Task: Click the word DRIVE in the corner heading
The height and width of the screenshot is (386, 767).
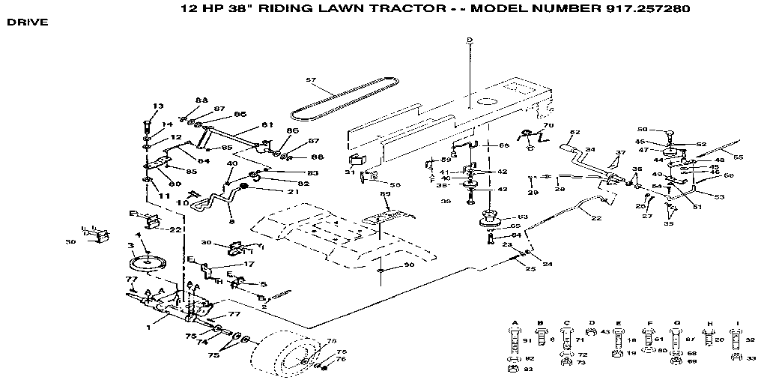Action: (x=28, y=22)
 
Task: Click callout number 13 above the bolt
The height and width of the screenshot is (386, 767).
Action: (x=157, y=106)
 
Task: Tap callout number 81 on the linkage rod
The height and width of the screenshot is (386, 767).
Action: (x=267, y=125)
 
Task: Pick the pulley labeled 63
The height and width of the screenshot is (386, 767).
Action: (x=490, y=223)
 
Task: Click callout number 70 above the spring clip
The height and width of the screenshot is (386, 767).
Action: (x=548, y=125)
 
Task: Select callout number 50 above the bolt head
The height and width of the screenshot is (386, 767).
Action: (x=641, y=130)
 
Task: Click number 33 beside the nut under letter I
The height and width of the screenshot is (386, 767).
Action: (x=750, y=359)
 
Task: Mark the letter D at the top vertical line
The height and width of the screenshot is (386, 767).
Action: (x=469, y=40)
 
